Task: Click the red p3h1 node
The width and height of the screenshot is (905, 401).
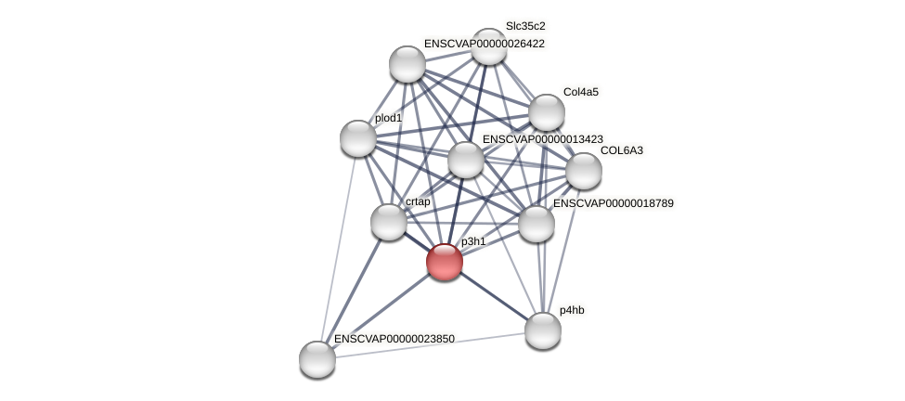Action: [x=445, y=262]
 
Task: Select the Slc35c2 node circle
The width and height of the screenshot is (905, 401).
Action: [x=489, y=46]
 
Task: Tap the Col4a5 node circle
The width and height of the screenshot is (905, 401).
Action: [x=547, y=112]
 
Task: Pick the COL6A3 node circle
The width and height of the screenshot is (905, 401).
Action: [x=584, y=170]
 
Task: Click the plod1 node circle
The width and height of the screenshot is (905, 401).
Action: [x=358, y=138]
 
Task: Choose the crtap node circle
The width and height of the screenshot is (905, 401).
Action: [x=389, y=222]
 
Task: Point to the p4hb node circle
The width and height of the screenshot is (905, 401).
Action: [x=543, y=330]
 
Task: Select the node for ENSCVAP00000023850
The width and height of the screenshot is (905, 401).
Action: [x=317, y=359]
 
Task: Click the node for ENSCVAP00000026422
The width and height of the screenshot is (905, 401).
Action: [x=407, y=64]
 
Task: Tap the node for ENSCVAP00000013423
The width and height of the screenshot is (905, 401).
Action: [x=466, y=160]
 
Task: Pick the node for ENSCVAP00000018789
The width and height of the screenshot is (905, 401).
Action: [x=537, y=224]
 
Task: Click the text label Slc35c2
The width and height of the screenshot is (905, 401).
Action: [x=525, y=26]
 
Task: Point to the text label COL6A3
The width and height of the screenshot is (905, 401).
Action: [x=621, y=150]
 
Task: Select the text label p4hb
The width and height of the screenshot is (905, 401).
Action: [x=572, y=310]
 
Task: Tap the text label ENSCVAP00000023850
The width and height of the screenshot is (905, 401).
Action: [x=394, y=339]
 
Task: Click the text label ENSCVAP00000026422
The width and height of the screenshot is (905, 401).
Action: [x=484, y=44]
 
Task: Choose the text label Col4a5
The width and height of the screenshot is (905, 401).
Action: [x=581, y=92]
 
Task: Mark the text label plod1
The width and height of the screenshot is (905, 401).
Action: [x=388, y=118]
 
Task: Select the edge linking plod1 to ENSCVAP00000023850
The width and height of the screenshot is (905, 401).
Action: [x=338, y=249]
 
